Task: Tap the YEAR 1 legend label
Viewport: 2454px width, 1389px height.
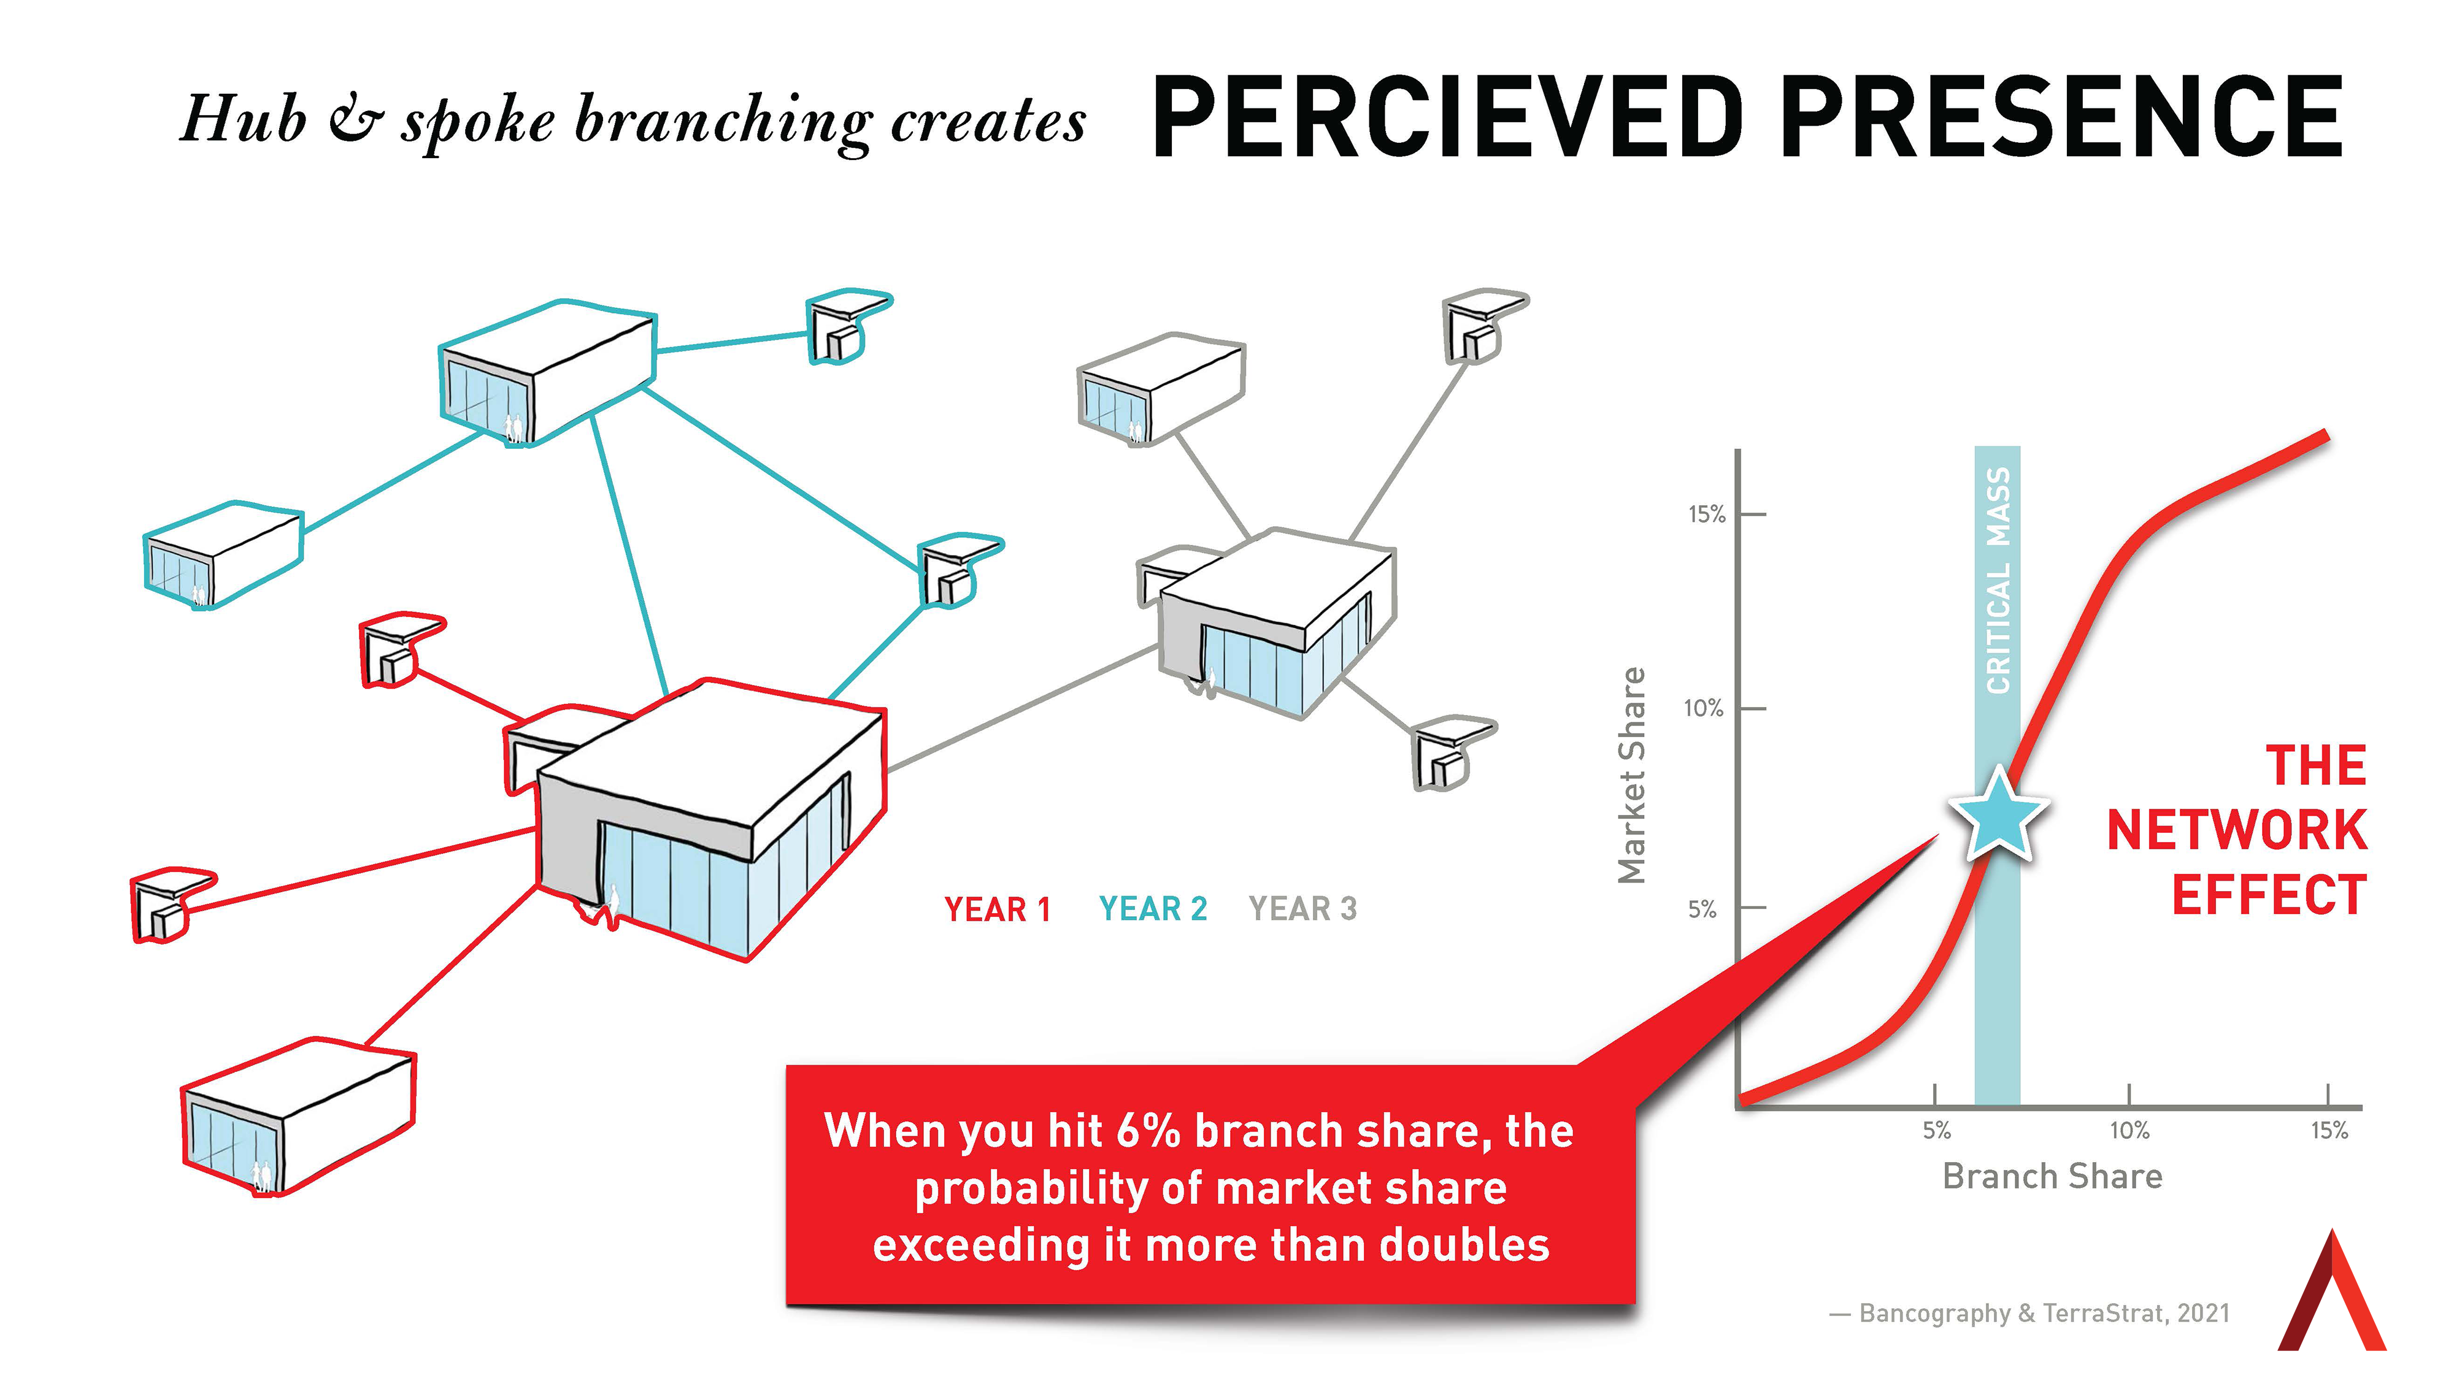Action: pyautogui.click(x=997, y=909)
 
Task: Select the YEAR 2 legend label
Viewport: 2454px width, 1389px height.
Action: pyautogui.click(x=1153, y=909)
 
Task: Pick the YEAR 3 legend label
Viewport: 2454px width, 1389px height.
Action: pyautogui.click(x=1302, y=909)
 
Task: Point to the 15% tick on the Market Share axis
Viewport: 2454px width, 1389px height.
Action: pyautogui.click(x=1707, y=514)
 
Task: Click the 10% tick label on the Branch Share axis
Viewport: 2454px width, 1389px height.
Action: pyautogui.click(x=2129, y=1130)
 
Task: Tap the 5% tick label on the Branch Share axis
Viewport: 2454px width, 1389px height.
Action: pyautogui.click(x=1936, y=1130)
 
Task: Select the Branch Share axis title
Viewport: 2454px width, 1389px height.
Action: pyautogui.click(x=2052, y=1176)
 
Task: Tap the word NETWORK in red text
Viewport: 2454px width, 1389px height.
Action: pyautogui.click(x=2236, y=830)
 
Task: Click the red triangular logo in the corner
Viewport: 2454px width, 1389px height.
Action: pyautogui.click(x=2332, y=1298)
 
